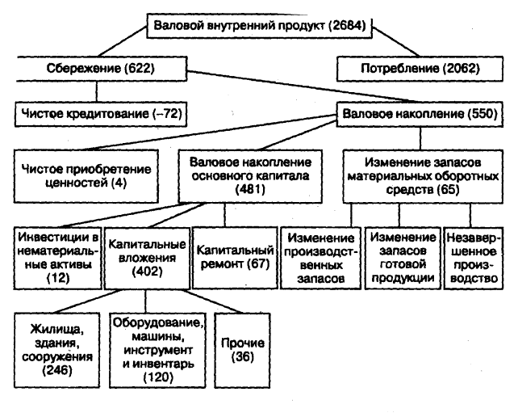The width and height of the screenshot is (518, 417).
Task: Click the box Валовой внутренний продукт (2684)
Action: click(x=259, y=27)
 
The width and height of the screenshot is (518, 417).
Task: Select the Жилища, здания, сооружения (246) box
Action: click(x=59, y=351)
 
